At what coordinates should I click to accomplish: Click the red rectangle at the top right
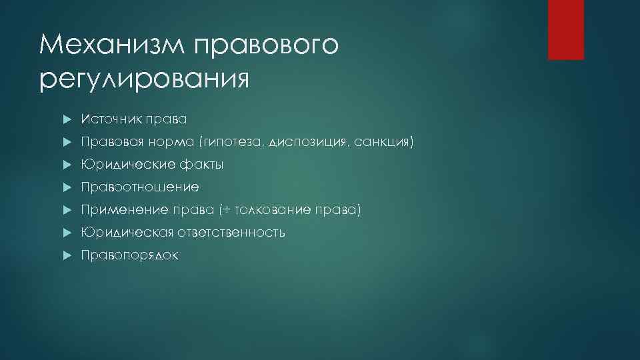point(565,29)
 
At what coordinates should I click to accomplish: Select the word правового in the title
point(267,45)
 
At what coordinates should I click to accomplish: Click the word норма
point(171,142)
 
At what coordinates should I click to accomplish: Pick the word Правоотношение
point(140,187)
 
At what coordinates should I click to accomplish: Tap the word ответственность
point(231,233)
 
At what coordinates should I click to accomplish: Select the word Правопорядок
point(129,255)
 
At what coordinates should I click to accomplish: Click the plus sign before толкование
point(228,211)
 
